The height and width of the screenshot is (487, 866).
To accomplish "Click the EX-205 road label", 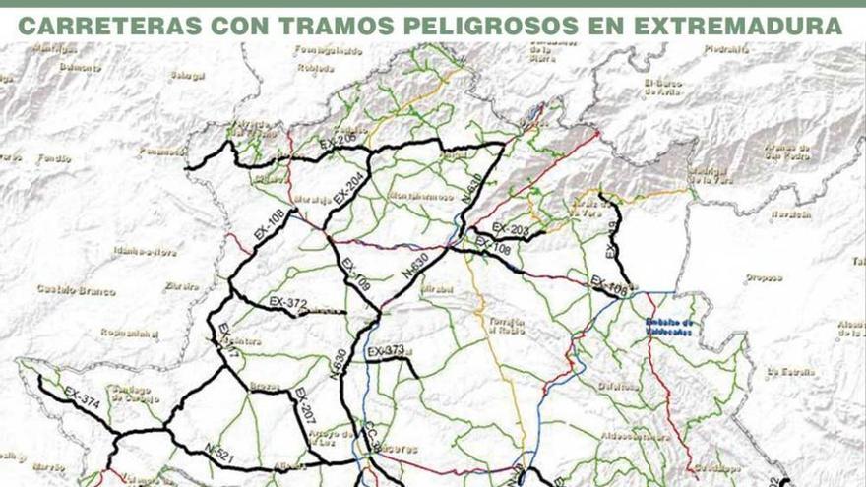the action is (338, 142).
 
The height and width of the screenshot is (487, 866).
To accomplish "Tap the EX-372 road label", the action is (288, 302).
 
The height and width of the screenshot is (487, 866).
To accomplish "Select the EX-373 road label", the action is (386, 351).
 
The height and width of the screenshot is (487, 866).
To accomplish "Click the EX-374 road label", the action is (82, 398).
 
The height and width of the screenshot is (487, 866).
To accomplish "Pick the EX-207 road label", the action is (304, 405).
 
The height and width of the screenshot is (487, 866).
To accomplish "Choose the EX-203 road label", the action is (511, 230).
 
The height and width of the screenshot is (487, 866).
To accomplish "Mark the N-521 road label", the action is (219, 452).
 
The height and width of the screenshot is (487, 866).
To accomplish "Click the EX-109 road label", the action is (355, 274).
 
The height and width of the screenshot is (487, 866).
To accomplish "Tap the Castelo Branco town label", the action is (76, 290).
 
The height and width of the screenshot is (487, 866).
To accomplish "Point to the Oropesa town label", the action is (764, 277).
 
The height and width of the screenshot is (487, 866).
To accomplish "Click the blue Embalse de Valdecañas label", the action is (669, 327).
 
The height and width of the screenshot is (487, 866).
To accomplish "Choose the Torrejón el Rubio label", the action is (506, 326).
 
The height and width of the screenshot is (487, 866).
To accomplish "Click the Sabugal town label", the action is (187, 76).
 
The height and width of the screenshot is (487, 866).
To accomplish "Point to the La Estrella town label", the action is (791, 372).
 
